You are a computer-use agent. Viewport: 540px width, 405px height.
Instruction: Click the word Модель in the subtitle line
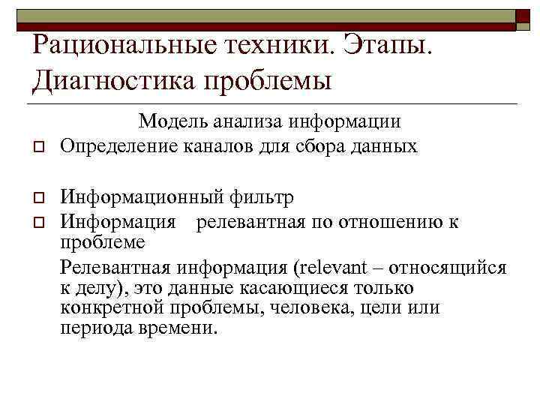169,121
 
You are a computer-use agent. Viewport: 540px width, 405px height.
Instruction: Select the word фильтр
262,198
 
